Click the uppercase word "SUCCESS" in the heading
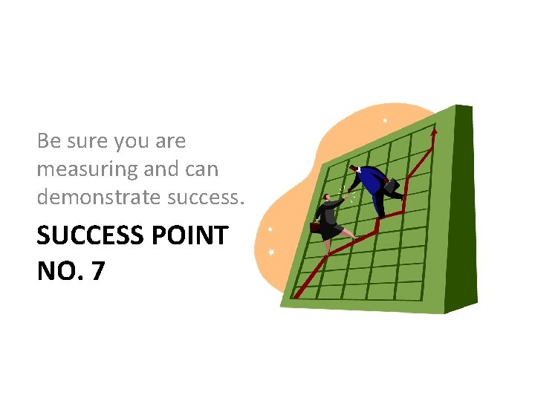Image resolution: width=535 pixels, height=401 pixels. click(90, 236)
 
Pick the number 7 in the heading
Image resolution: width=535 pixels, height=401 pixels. click(97, 272)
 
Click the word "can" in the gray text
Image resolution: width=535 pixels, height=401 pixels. click(202, 170)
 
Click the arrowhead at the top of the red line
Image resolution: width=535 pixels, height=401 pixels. click(434, 132)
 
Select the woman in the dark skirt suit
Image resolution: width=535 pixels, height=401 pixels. click(331, 219)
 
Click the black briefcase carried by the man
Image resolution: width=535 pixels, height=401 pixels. click(392, 186)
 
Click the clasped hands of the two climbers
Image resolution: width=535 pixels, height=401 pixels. click(346, 192)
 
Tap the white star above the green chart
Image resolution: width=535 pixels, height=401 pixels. click(384, 120)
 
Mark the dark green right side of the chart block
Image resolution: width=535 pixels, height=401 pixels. click(464, 208)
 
